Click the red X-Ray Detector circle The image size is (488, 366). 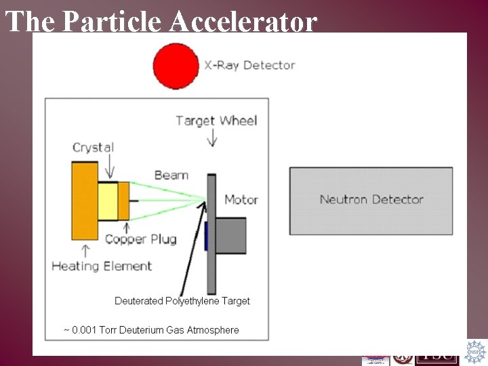pyautogui.click(x=176, y=66)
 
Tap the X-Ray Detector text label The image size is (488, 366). pyautogui.click(x=249, y=66)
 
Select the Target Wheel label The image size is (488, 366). pyautogui.click(x=216, y=121)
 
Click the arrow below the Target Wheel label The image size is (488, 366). pyautogui.click(x=213, y=138)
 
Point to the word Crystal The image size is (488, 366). pyautogui.click(x=93, y=147)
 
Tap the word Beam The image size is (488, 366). pyautogui.click(x=171, y=175)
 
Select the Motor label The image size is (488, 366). pyautogui.click(x=241, y=199)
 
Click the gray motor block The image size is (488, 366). pyautogui.click(x=231, y=235)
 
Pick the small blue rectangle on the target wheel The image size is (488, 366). pyautogui.click(x=205, y=235)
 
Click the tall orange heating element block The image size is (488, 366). pyautogui.click(x=84, y=201)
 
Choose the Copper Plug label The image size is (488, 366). pyautogui.click(x=140, y=239)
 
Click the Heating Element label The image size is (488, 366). pyautogui.click(x=102, y=266)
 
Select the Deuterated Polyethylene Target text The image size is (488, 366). pyautogui.click(x=182, y=301)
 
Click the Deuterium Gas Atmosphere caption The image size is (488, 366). pyautogui.click(x=151, y=330)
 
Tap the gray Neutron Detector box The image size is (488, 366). pyautogui.click(x=371, y=201)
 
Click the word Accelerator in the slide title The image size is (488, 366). pyautogui.click(x=243, y=22)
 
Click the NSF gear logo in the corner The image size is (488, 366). pyautogui.click(x=476, y=352)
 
